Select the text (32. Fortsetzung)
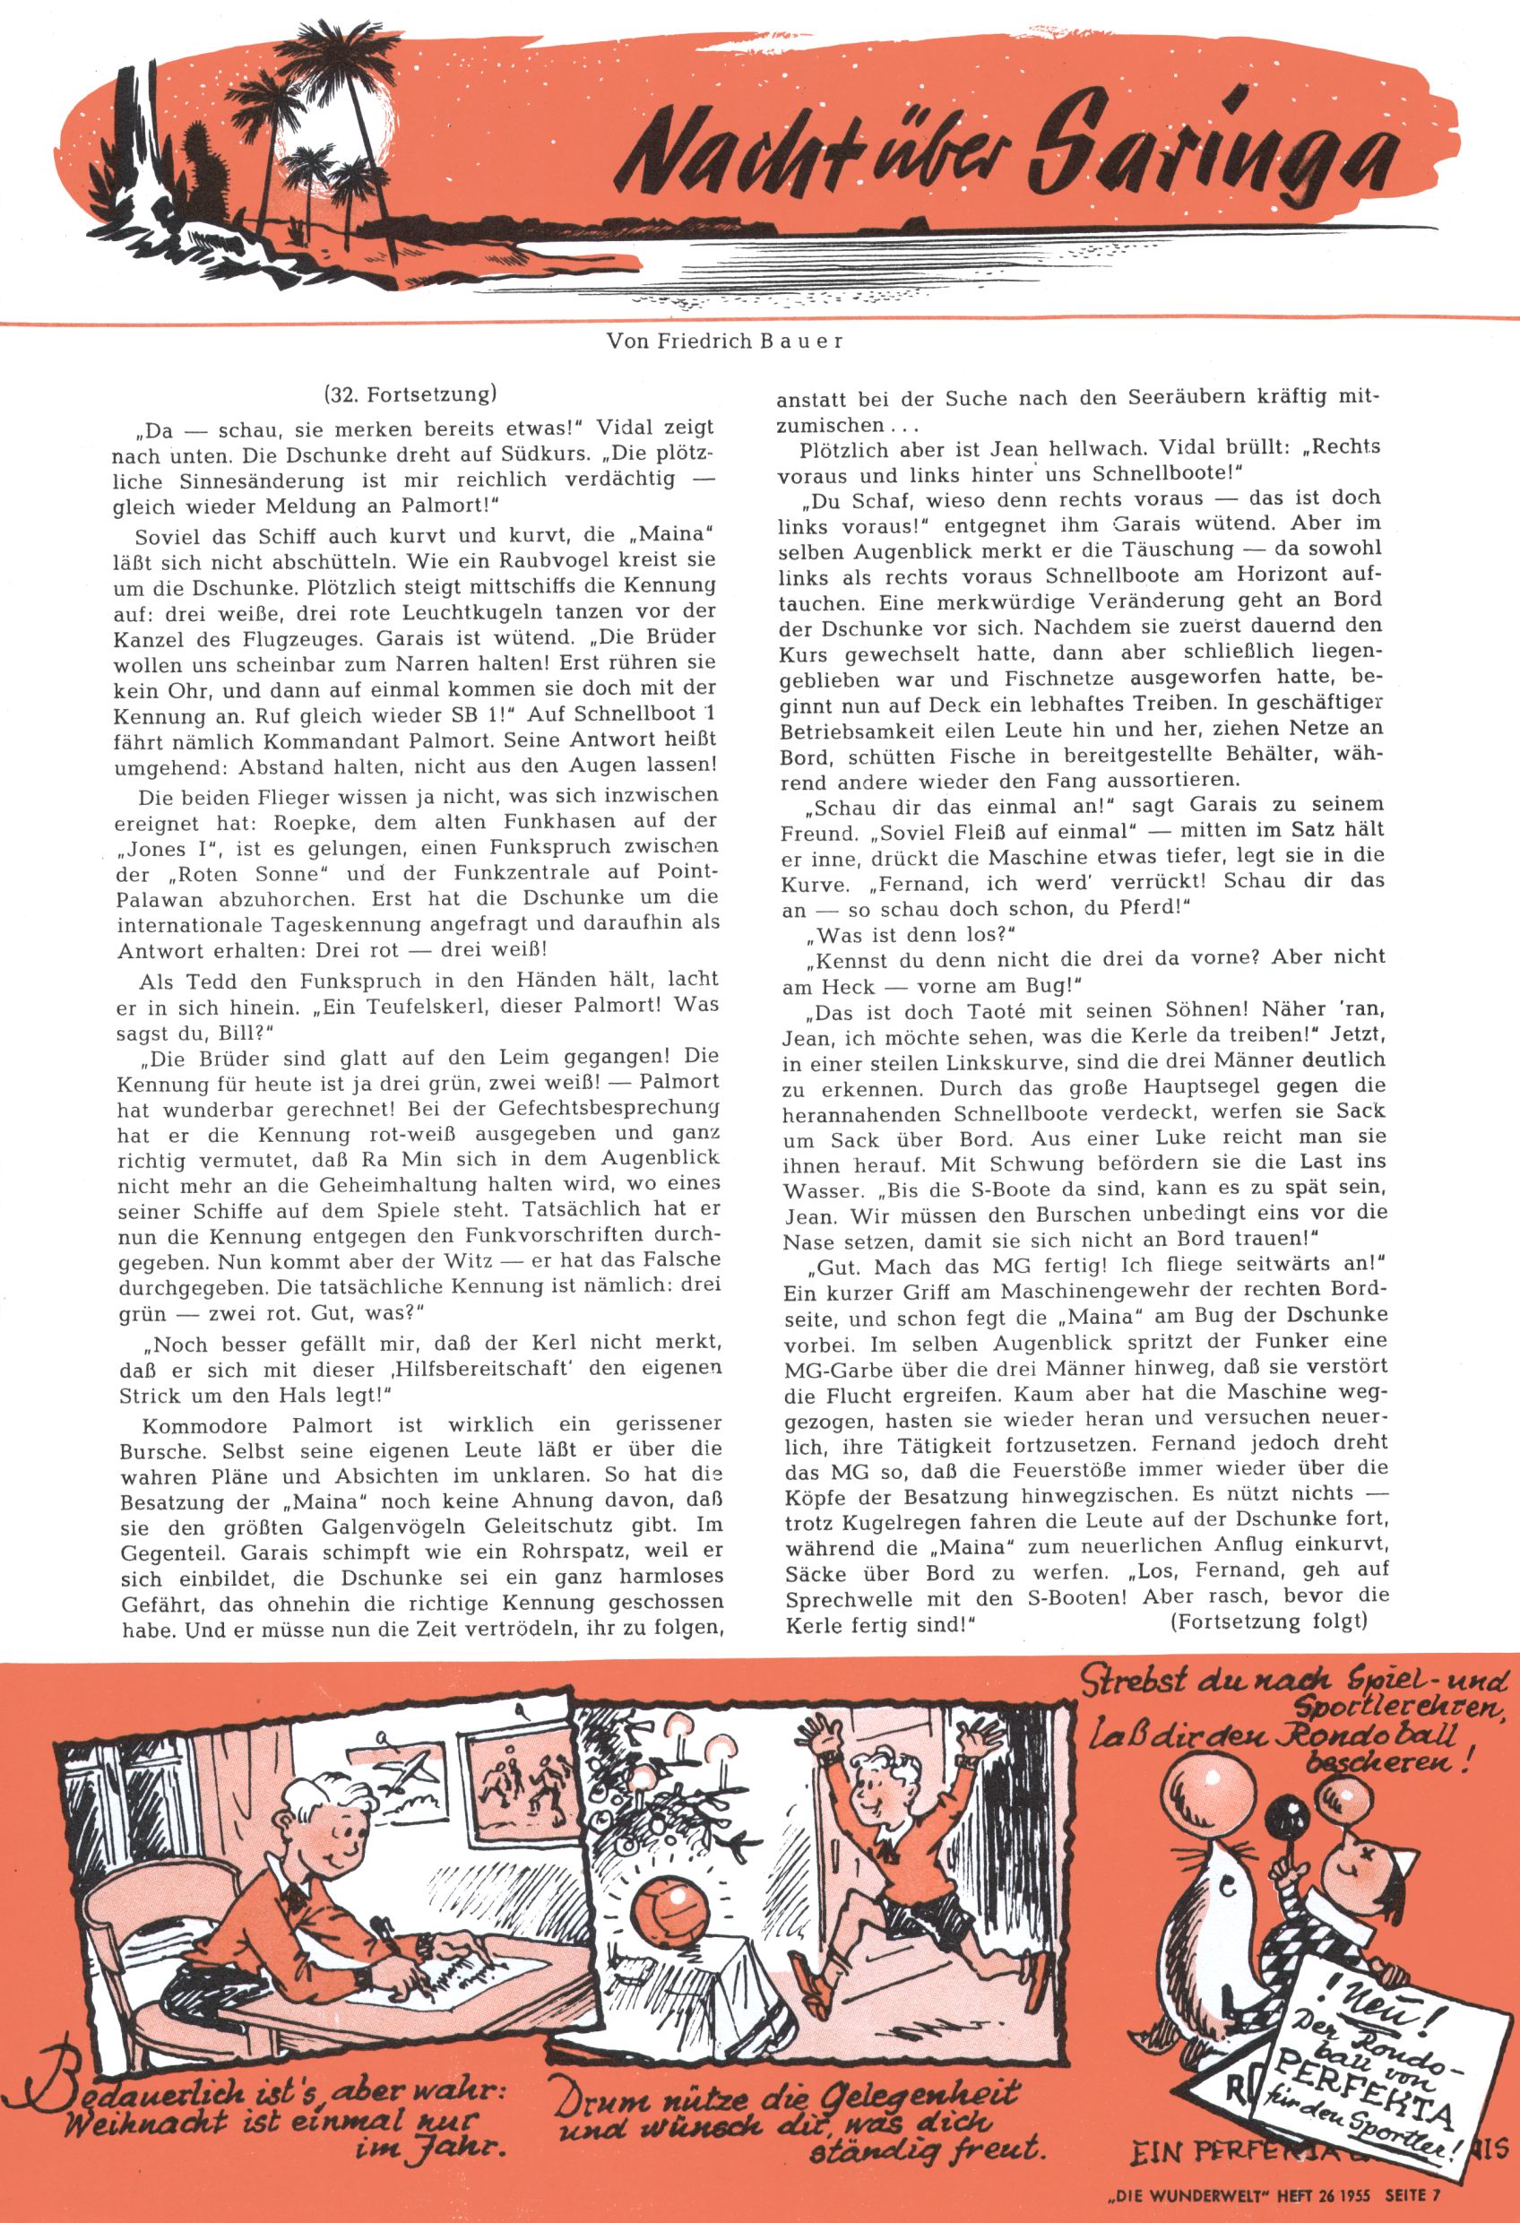412,394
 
